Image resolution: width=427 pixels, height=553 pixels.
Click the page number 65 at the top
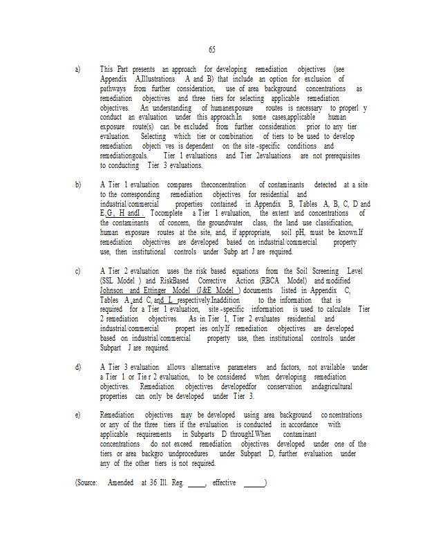[x=211, y=50]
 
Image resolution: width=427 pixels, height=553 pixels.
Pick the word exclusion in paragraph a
[x=330, y=79]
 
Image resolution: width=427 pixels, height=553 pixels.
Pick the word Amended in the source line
[x=122, y=482]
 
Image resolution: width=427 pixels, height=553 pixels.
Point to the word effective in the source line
[x=226, y=482]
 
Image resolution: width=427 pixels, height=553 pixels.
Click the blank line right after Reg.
[x=196, y=484]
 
